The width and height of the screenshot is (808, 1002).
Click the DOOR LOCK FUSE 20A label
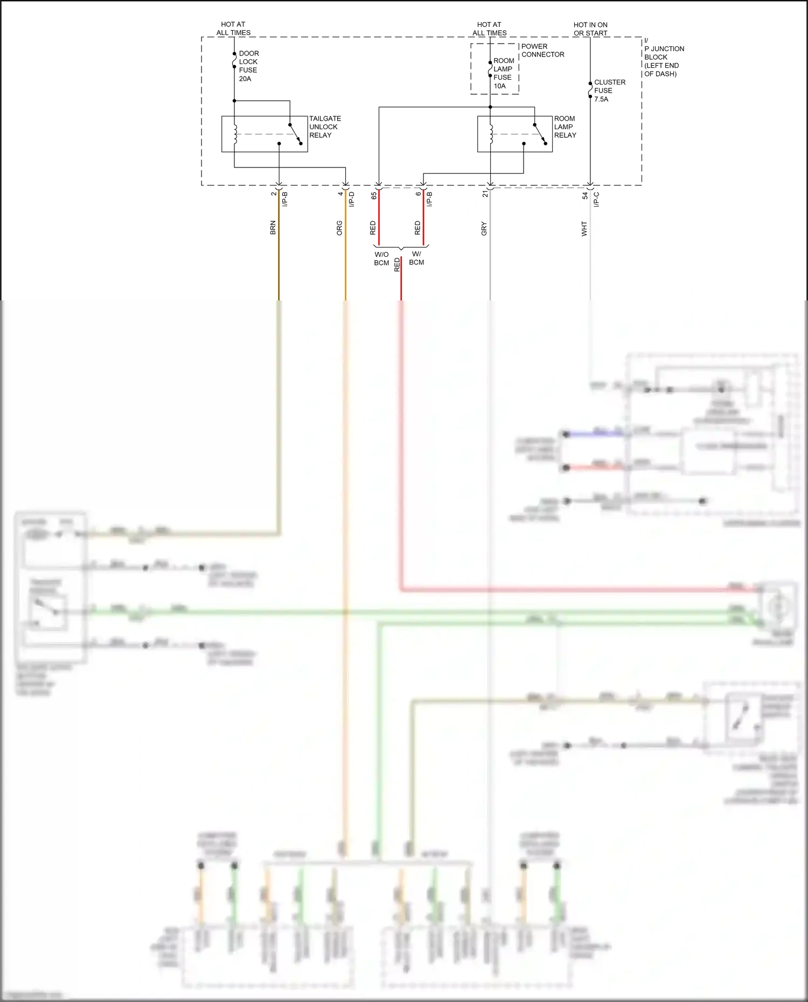(248, 66)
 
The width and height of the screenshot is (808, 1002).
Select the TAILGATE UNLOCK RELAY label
(324, 127)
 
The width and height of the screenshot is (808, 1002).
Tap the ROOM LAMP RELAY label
(565, 127)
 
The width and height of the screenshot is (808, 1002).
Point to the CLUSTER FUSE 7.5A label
(609, 90)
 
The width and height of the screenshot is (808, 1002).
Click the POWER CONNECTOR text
(542, 50)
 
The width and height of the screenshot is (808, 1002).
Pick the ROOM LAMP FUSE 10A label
(504, 73)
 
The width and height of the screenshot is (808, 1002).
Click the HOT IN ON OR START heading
(590, 29)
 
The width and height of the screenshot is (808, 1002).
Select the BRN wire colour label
(273, 227)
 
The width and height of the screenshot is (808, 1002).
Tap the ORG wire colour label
(339, 228)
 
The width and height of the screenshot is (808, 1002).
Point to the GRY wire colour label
(484, 228)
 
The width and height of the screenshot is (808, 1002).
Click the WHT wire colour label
(584, 228)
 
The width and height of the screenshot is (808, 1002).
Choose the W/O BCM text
(381, 258)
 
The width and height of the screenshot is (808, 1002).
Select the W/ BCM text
(416, 258)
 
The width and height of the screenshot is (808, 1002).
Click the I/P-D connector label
(351, 199)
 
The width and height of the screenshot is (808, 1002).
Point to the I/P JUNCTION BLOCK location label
(663, 57)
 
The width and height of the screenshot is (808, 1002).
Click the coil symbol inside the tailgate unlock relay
(235, 134)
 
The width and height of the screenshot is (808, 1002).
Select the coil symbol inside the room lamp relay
(491, 134)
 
